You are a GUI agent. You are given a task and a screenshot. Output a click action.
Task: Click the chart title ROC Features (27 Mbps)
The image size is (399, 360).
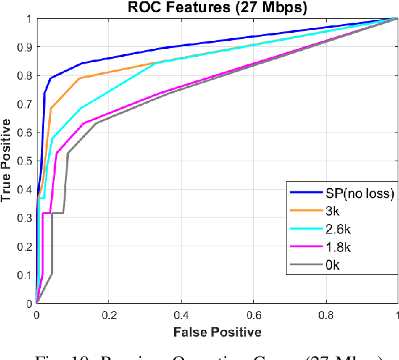click(217, 8)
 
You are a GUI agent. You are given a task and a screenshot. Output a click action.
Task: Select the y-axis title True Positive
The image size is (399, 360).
click(7, 161)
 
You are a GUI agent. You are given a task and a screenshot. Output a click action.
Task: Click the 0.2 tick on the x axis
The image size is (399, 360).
click(108, 314)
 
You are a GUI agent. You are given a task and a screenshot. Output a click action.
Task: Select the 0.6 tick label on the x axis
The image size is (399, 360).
click(253, 314)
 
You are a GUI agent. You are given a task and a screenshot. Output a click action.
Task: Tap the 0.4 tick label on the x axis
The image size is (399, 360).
click(181, 314)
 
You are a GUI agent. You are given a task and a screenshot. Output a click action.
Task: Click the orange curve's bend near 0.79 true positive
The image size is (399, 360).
click(80, 78)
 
